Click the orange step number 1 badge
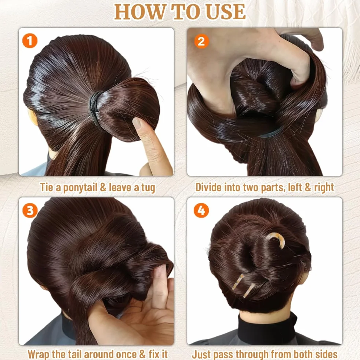point(30,41)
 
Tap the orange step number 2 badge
point(201,41)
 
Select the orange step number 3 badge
point(30,210)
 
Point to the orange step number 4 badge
point(201,210)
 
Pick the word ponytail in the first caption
point(80,188)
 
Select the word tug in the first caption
point(148,188)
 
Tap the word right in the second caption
point(324,188)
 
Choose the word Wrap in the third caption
point(38,354)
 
